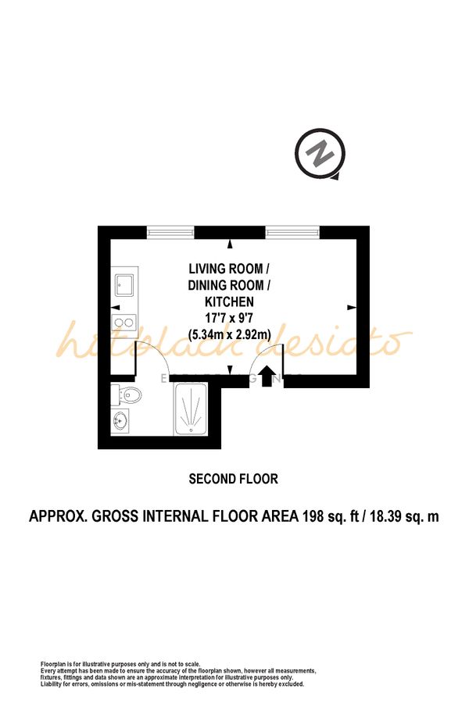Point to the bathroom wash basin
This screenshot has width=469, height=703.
tap(121, 422)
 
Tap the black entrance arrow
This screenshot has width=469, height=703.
tap(266, 378)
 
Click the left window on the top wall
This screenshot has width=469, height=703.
tap(170, 231)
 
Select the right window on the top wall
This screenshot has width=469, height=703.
tap(292, 231)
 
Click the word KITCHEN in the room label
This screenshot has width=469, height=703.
tap(229, 302)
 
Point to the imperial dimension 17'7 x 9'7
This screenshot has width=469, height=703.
tap(229, 318)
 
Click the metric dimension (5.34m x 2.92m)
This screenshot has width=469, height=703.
tap(229, 334)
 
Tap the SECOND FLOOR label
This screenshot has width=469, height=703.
tap(233, 479)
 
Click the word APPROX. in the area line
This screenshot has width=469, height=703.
tap(58, 516)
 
